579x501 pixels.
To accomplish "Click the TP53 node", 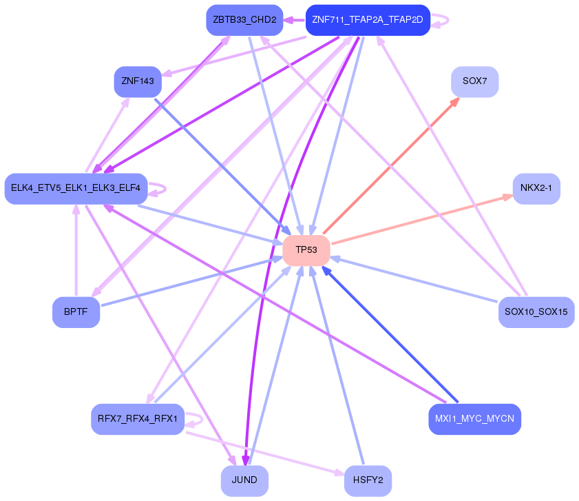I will [306, 250].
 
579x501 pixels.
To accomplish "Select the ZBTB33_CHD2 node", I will [244, 20].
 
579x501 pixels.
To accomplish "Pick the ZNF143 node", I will [138, 81].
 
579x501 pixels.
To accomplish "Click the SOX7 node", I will [474, 81].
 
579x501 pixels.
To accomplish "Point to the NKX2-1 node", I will [536, 188].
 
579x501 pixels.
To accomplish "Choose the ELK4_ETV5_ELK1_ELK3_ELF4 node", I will [76, 188].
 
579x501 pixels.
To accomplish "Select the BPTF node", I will [76, 312].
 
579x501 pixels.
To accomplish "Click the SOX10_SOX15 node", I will [536, 312].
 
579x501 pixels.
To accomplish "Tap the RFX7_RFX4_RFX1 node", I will [138, 419].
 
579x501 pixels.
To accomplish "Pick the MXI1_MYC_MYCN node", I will [474, 419].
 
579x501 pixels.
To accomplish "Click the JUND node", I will [244, 480].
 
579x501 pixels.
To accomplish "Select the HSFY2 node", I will [368, 480].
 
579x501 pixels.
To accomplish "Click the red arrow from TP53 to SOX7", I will [391, 165].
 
